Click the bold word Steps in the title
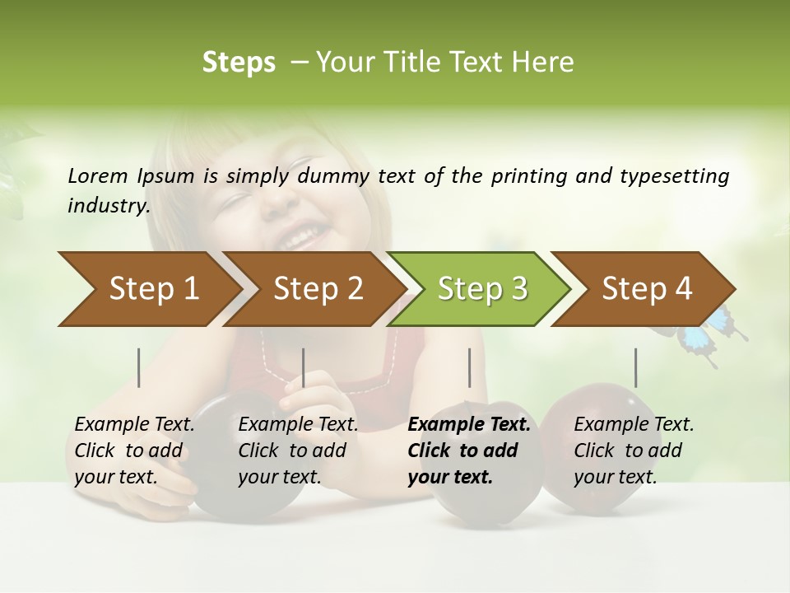[239, 62]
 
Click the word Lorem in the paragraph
[98, 175]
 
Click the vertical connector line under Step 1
[139, 367]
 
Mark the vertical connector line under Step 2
[304, 367]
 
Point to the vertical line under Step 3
[469, 367]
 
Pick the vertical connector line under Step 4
[635, 367]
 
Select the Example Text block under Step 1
[134, 451]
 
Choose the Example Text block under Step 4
[634, 451]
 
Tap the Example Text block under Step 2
[298, 451]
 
